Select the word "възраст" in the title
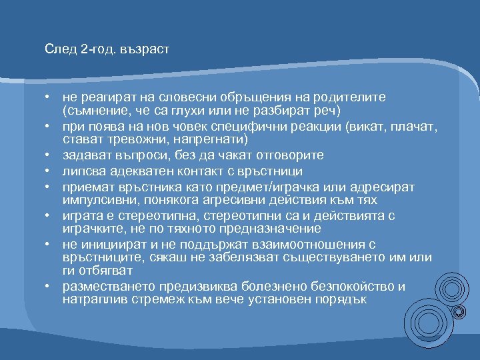tap(145, 50)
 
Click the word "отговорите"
tap(291, 155)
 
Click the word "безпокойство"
tap(355, 287)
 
